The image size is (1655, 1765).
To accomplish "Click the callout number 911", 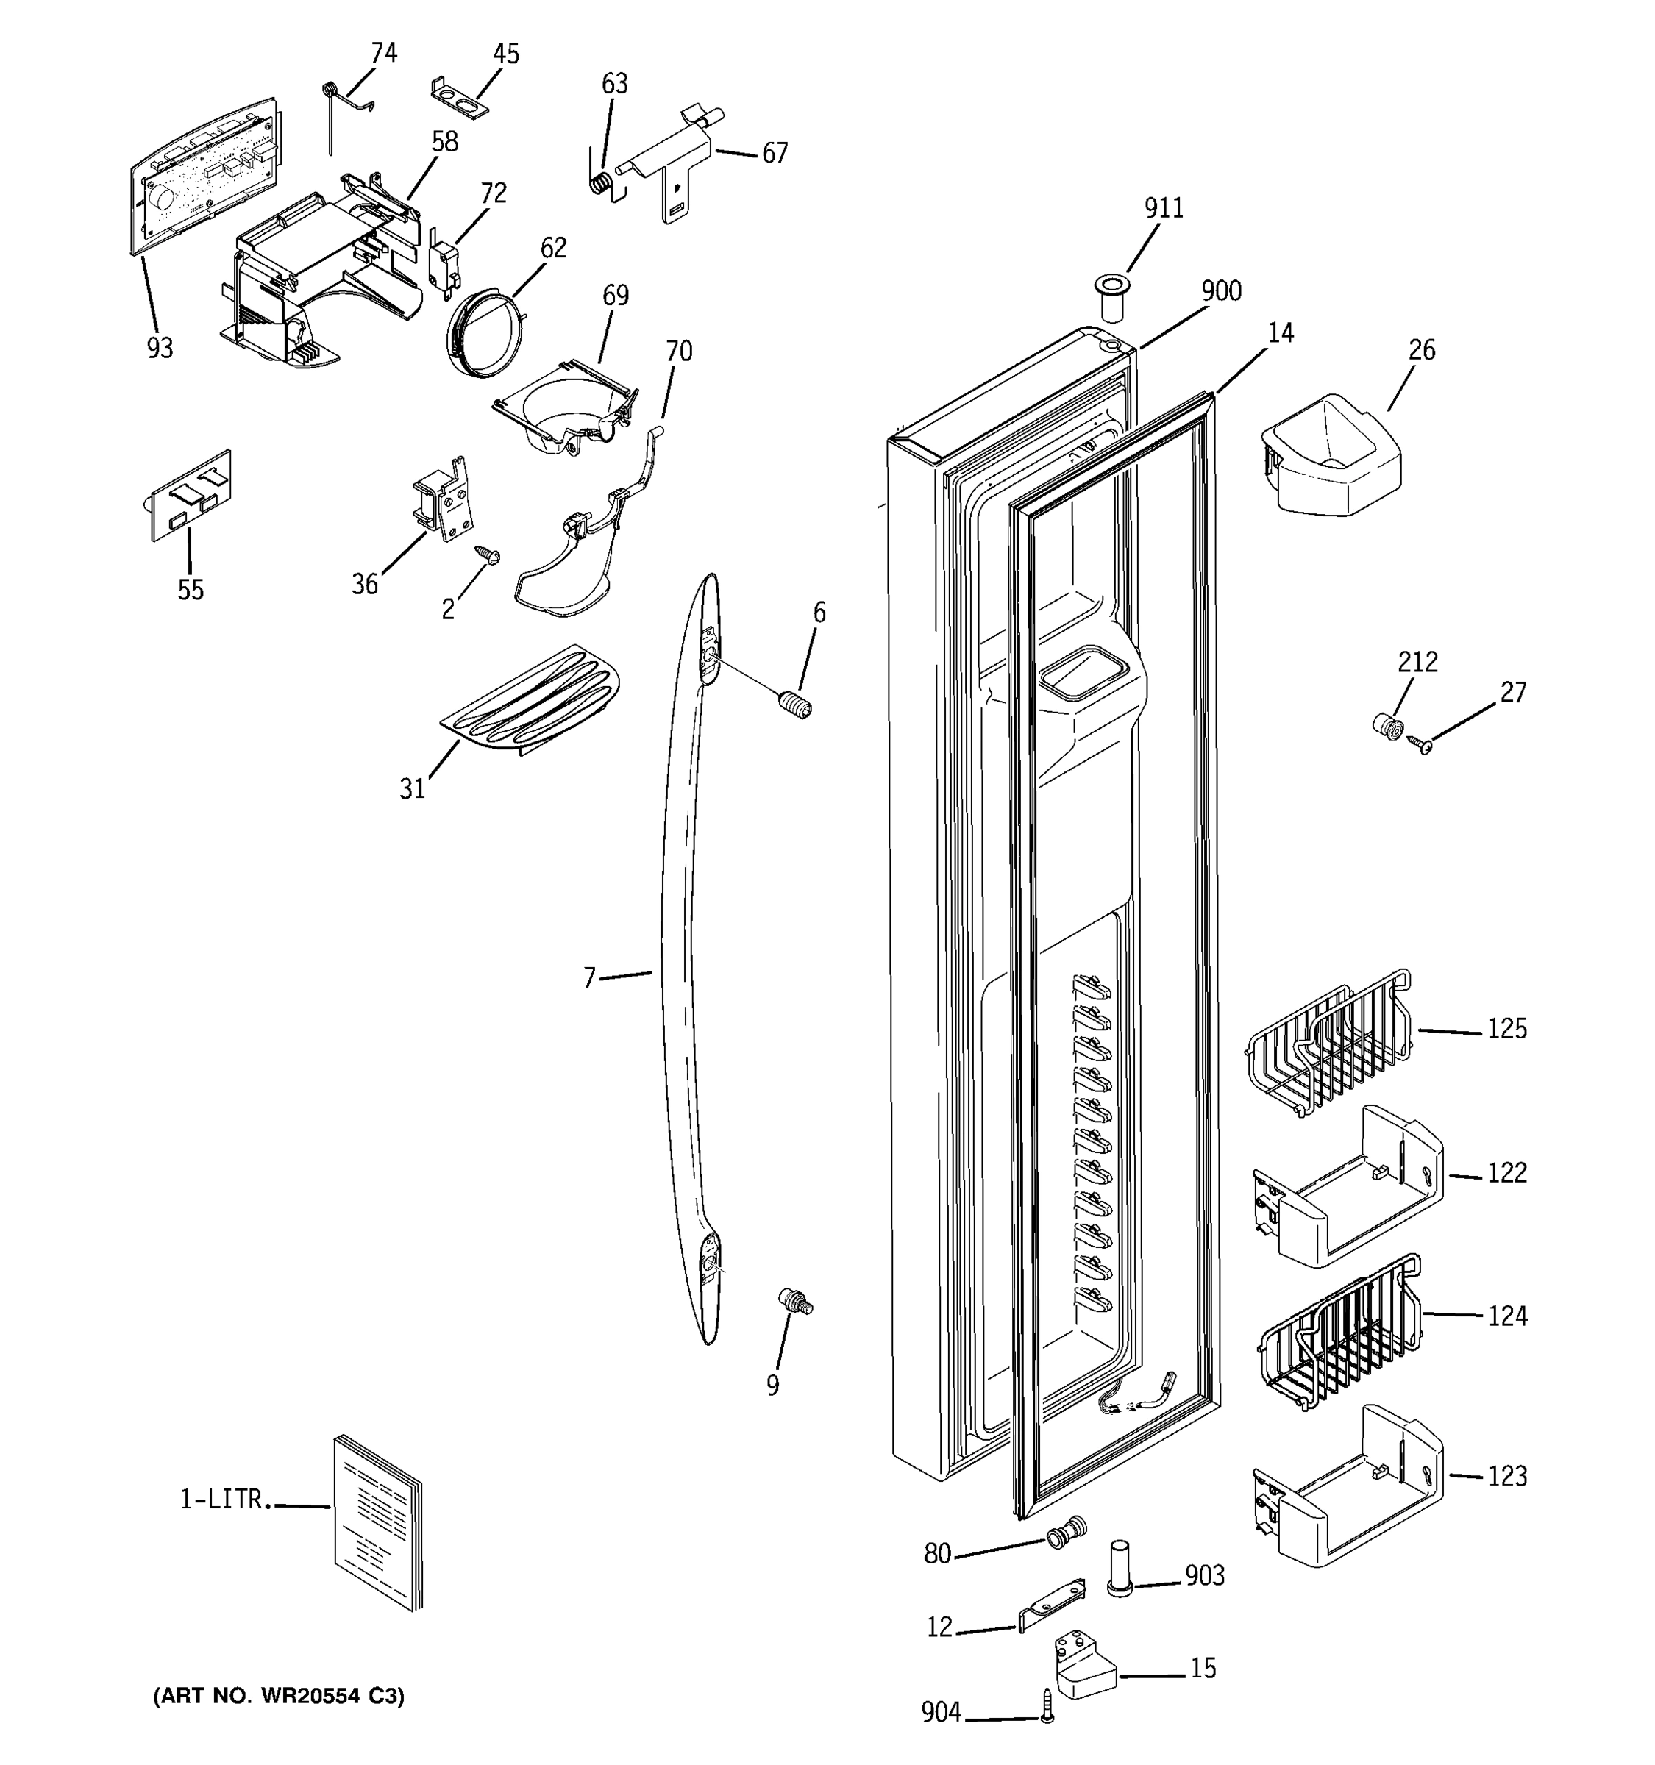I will pyautogui.click(x=1163, y=209).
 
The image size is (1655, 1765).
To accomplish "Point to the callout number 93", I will pyautogui.click(x=160, y=348).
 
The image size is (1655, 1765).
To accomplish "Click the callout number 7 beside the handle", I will pyautogui.click(x=588, y=977).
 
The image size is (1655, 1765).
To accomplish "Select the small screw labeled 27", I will pyautogui.click(x=1422, y=744).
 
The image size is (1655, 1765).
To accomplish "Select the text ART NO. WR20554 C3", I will pyautogui.click(x=279, y=1697).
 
